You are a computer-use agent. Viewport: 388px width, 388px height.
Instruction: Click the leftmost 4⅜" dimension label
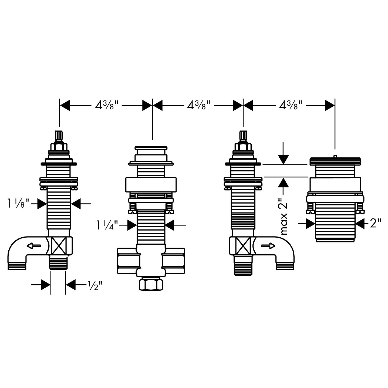[x=106, y=105]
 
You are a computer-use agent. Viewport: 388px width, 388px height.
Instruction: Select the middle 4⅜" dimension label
[x=198, y=105]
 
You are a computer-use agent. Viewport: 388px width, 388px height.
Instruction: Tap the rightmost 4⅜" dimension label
[x=290, y=105]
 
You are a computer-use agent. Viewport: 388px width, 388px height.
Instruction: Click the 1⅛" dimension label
[x=19, y=204]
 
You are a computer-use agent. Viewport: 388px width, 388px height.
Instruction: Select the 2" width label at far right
[x=376, y=224]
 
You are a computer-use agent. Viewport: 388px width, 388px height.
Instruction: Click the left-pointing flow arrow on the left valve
[x=34, y=246]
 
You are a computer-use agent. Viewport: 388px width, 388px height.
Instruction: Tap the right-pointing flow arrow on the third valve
[x=268, y=246]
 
